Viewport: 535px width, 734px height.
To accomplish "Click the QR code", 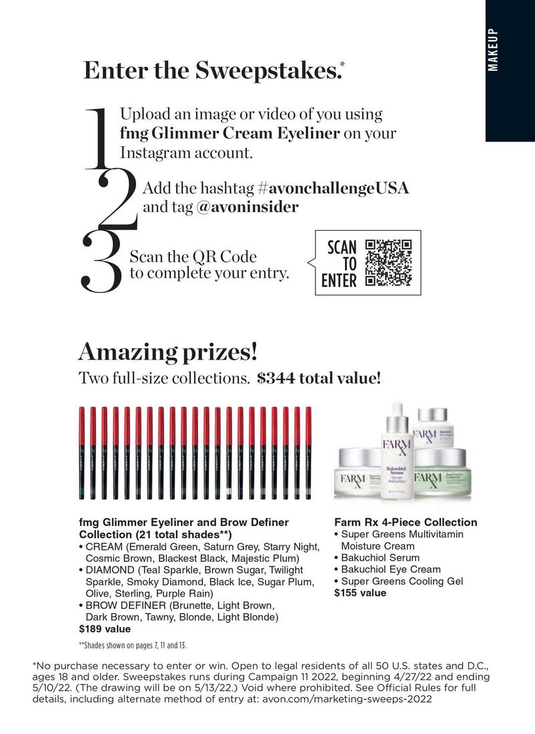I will coord(389,263).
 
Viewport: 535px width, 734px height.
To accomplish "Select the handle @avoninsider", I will coord(247,207).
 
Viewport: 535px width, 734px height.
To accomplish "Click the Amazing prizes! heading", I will coord(167,351).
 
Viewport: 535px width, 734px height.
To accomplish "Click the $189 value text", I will coord(105,629).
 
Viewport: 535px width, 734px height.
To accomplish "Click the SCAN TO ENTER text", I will coord(339,264).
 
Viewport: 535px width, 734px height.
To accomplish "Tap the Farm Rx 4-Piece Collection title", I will coord(405,522).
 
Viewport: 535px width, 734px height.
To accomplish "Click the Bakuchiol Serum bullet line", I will coord(380,557).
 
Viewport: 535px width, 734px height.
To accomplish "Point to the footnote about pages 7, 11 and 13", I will coord(133,646).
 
